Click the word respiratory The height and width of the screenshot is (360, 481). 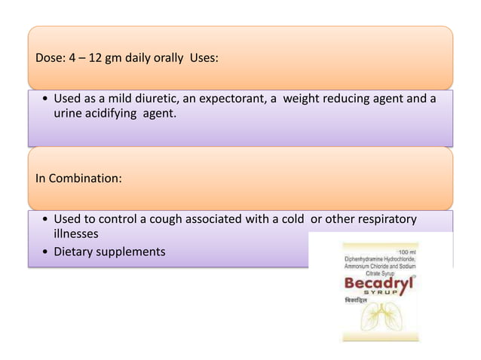coord(380,218)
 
